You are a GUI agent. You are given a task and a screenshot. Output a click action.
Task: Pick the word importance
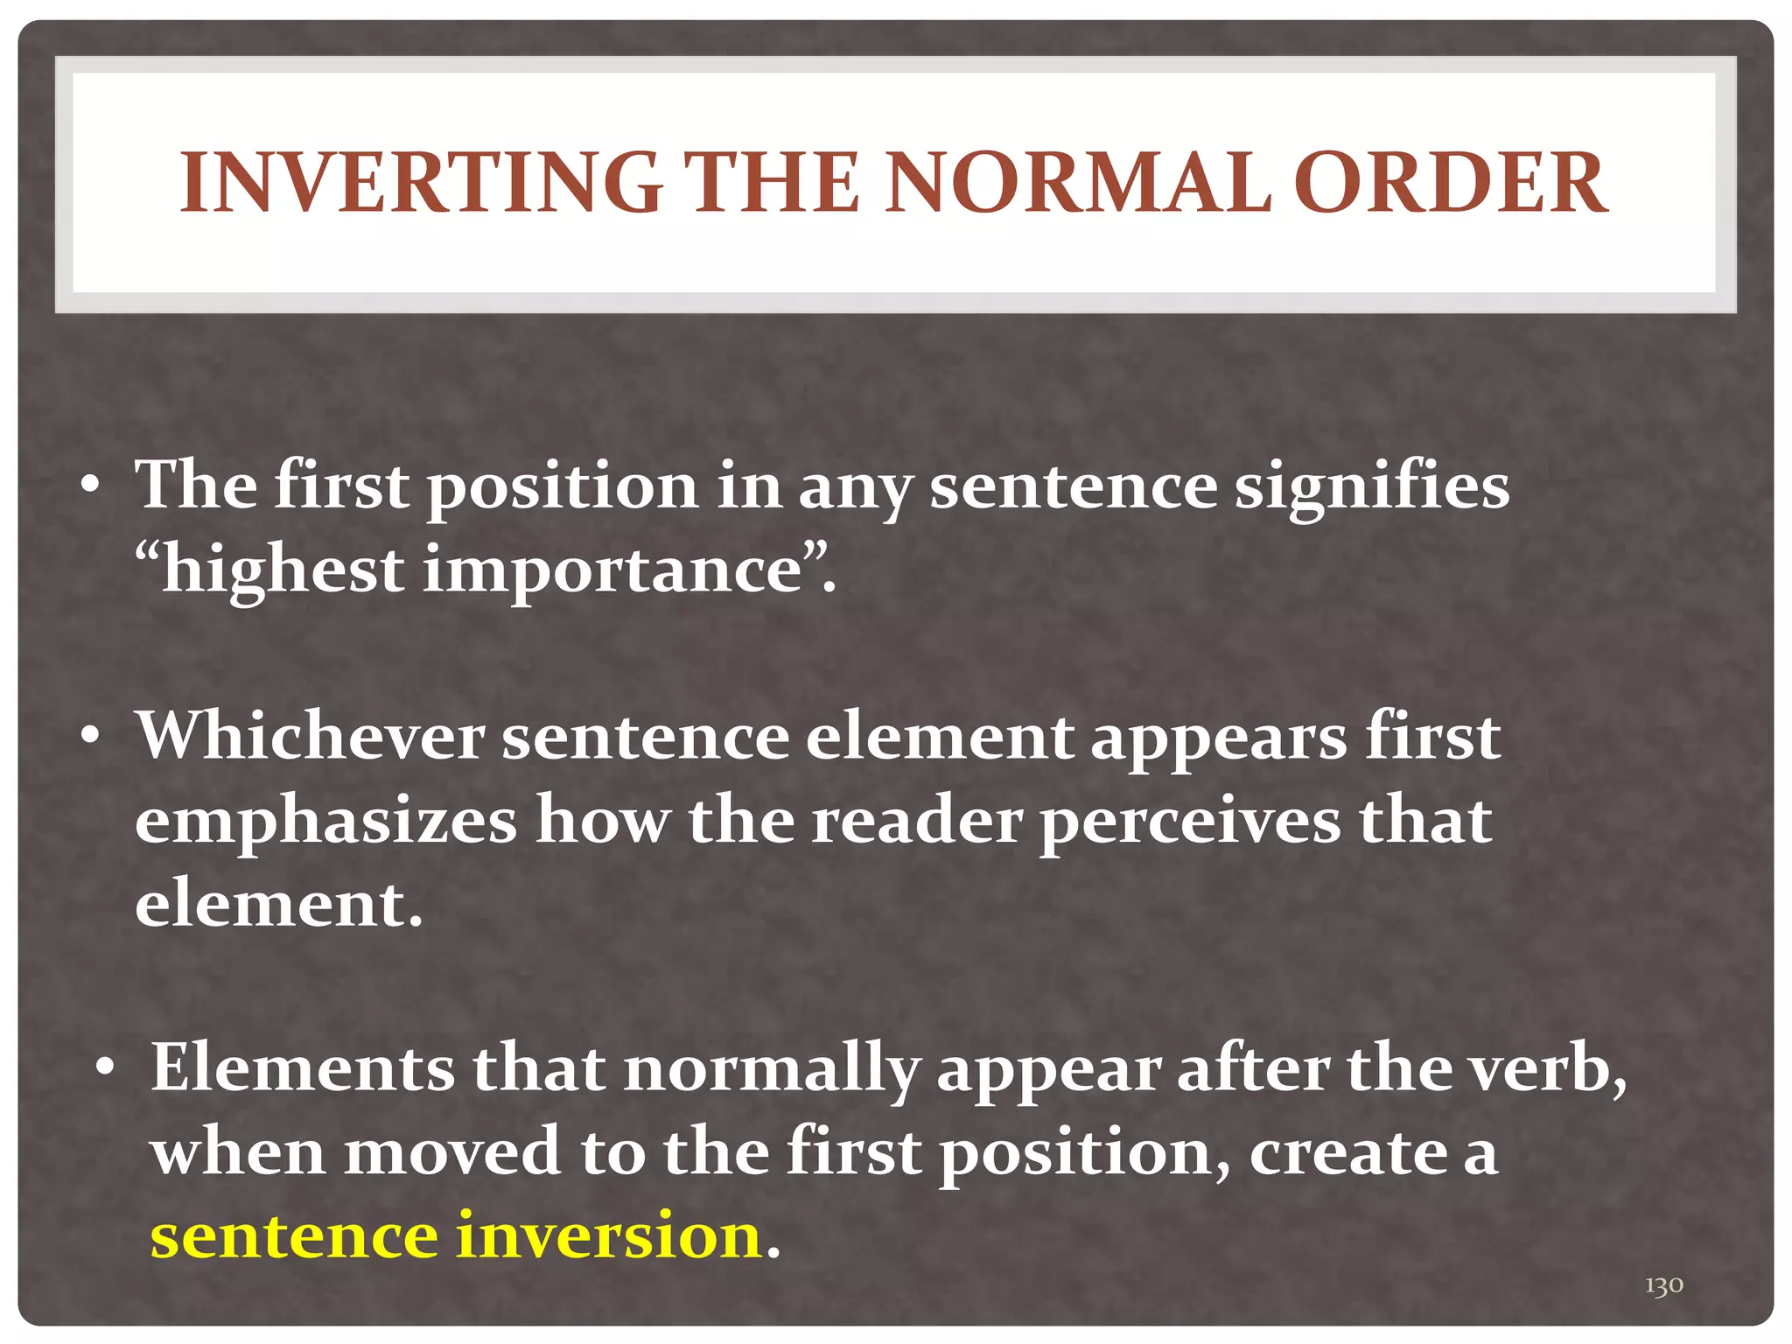click(612, 570)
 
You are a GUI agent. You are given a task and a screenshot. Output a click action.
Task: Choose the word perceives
click(1190, 822)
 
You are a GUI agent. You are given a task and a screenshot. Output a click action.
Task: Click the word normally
click(771, 1069)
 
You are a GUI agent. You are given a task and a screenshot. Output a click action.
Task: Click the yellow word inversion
click(609, 1235)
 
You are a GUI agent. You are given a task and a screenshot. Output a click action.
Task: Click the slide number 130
click(1663, 1285)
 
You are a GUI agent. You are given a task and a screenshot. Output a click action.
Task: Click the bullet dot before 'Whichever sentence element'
click(90, 738)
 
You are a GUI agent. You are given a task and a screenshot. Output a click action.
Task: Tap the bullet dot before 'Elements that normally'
click(106, 1069)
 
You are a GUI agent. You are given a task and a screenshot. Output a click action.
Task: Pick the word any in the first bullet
click(854, 488)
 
